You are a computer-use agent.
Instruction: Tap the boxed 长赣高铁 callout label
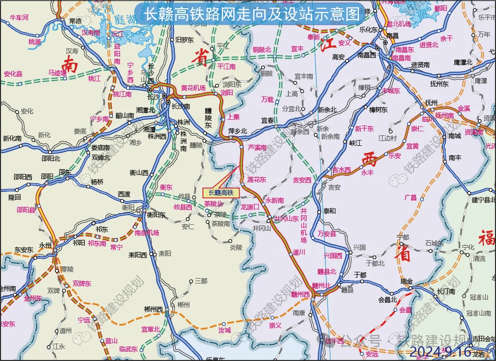coord(221,193)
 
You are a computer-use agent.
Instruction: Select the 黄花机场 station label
coord(193,88)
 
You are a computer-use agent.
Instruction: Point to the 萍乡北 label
coord(238,131)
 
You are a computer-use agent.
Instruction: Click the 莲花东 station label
coord(257,180)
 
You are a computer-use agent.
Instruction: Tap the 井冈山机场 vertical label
coord(304,226)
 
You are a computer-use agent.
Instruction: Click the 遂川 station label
coord(299,252)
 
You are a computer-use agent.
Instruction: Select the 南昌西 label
coord(367,55)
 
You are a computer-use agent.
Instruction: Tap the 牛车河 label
coord(19,18)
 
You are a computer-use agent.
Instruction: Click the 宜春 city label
coord(267,120)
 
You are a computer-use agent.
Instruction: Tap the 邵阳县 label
coord(26,210)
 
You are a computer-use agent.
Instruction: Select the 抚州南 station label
coord(444,115)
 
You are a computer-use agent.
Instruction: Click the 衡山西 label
coord(139,172)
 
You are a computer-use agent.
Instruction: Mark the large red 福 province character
coord(486,238)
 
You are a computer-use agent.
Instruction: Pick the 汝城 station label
coord(224,330)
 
